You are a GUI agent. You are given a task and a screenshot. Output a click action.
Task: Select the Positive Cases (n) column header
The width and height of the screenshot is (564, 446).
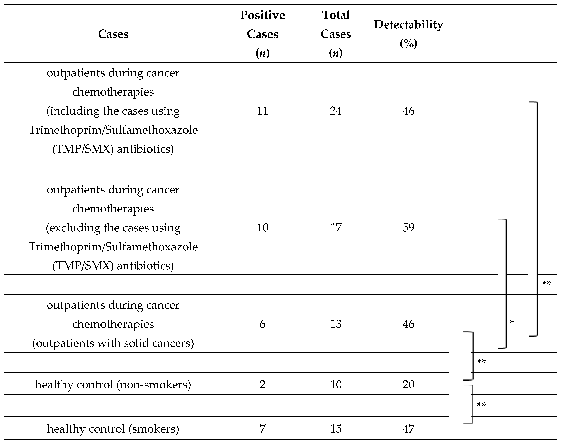coord(263,34)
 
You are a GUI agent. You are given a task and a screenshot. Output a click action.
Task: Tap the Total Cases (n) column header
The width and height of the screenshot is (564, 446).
coord(336,34)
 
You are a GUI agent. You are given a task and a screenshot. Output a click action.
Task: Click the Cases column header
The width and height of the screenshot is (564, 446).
coord(113,34)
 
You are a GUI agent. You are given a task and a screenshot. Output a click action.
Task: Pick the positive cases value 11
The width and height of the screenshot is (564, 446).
coord(263,111)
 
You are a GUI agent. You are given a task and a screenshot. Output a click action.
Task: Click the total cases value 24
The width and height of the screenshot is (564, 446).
coord(336,111)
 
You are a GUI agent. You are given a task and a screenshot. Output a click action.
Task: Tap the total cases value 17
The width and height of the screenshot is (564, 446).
coord(336,227)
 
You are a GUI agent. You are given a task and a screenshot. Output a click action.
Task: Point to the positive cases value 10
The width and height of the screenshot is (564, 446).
coord(263,227)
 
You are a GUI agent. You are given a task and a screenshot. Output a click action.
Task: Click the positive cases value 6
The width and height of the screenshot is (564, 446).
coord(263,324)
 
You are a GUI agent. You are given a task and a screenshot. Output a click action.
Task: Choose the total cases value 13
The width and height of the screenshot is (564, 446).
coord(336,324)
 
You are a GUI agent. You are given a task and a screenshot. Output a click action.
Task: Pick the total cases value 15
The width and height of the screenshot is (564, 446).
coord(336,429)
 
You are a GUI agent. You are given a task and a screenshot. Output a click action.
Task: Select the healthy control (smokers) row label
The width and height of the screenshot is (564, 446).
coord(113,429)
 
